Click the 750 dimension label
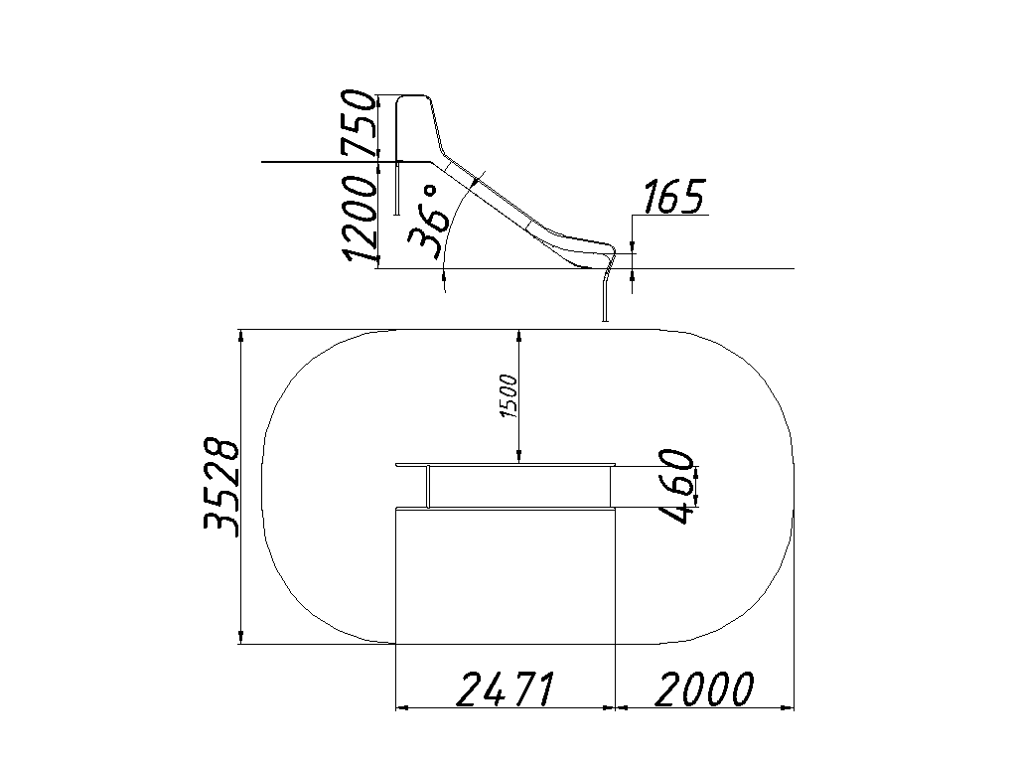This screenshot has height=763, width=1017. (x=360, y=123)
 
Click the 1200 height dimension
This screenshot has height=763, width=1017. (x=360, y=219)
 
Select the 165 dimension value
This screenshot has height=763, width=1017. (x=674, y=197)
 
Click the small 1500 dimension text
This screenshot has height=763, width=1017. (x=509, y=395)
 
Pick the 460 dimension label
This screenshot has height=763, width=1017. (x=675, y=486)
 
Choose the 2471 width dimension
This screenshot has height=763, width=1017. (x=506, y=688)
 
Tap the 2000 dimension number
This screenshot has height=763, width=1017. (x=705, y=688)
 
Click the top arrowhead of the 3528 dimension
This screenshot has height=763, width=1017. (x=241, y=336)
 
